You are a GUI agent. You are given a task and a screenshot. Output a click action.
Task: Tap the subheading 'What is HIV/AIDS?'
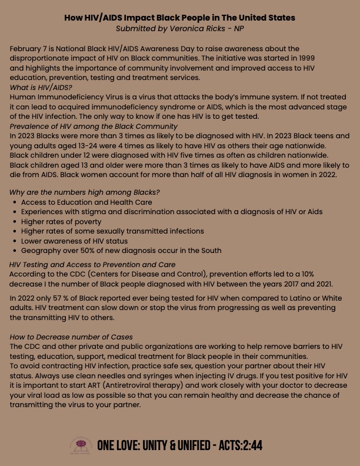pos(41,88)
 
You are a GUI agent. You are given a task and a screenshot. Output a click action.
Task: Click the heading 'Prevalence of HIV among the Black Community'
pos(94,127)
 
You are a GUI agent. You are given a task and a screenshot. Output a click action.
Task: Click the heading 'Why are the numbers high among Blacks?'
pos(85,192)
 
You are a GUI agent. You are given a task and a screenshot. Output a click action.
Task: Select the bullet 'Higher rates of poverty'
pos(61,222)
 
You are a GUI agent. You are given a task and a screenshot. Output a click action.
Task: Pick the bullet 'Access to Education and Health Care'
pos(86,202)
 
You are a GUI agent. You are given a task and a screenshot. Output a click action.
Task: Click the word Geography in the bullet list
pos(40,251)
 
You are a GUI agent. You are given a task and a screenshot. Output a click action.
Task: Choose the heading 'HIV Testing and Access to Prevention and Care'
pos(92,265)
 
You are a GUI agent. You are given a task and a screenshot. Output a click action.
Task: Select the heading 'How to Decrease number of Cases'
pos(71,337)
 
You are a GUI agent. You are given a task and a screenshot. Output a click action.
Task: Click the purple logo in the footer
pos(81,445)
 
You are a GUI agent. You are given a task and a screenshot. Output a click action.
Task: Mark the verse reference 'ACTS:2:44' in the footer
pos(241,445)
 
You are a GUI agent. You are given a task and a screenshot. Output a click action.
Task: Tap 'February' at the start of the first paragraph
pos(27,49)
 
